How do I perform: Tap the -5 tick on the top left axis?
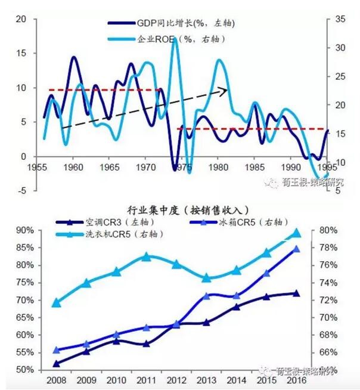21,191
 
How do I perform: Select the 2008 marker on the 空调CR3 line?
56,363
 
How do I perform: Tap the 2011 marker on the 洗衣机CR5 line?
147,256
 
